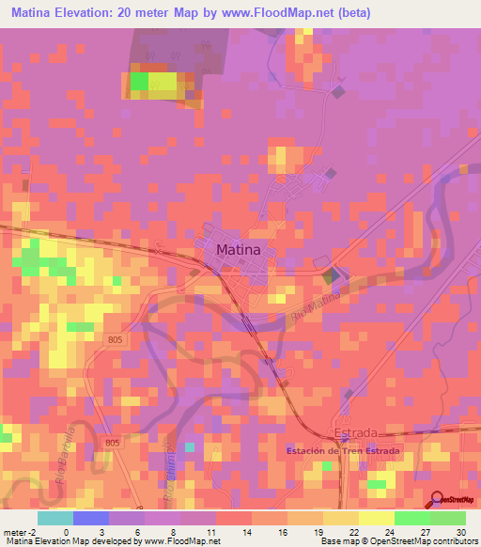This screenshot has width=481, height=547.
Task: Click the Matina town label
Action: (244, 250)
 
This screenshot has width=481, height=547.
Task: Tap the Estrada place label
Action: (356, 433)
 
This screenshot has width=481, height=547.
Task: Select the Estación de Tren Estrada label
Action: (343, 451)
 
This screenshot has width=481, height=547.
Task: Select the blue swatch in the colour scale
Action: (91, 518)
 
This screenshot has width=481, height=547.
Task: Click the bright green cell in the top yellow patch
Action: (139, 83)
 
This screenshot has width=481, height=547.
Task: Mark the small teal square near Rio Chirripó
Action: (191, 447)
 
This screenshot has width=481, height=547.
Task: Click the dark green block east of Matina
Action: (329, 277)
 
